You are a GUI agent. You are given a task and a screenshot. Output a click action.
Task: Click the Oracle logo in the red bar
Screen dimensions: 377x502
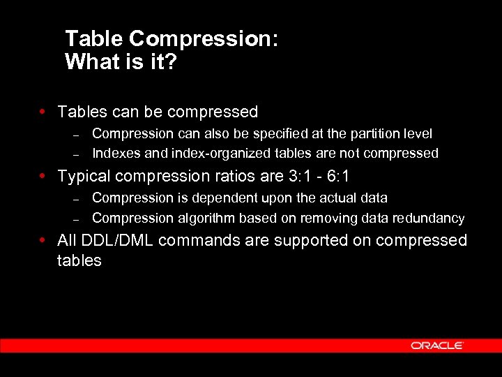pyautogui.click(x=437, y=345)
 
